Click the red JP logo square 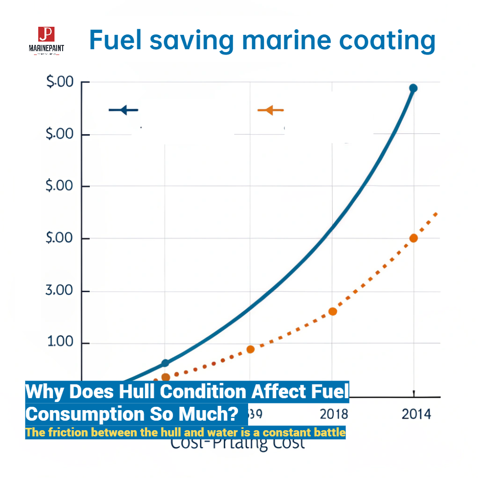coord(46,33)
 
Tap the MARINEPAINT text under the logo coord(46,48)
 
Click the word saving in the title coord(190,40)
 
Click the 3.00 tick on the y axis coord(59,291)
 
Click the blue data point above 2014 coord(413,88)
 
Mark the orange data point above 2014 coord(413,238)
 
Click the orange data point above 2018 coord(333,311)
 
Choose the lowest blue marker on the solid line coord(165,363)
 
